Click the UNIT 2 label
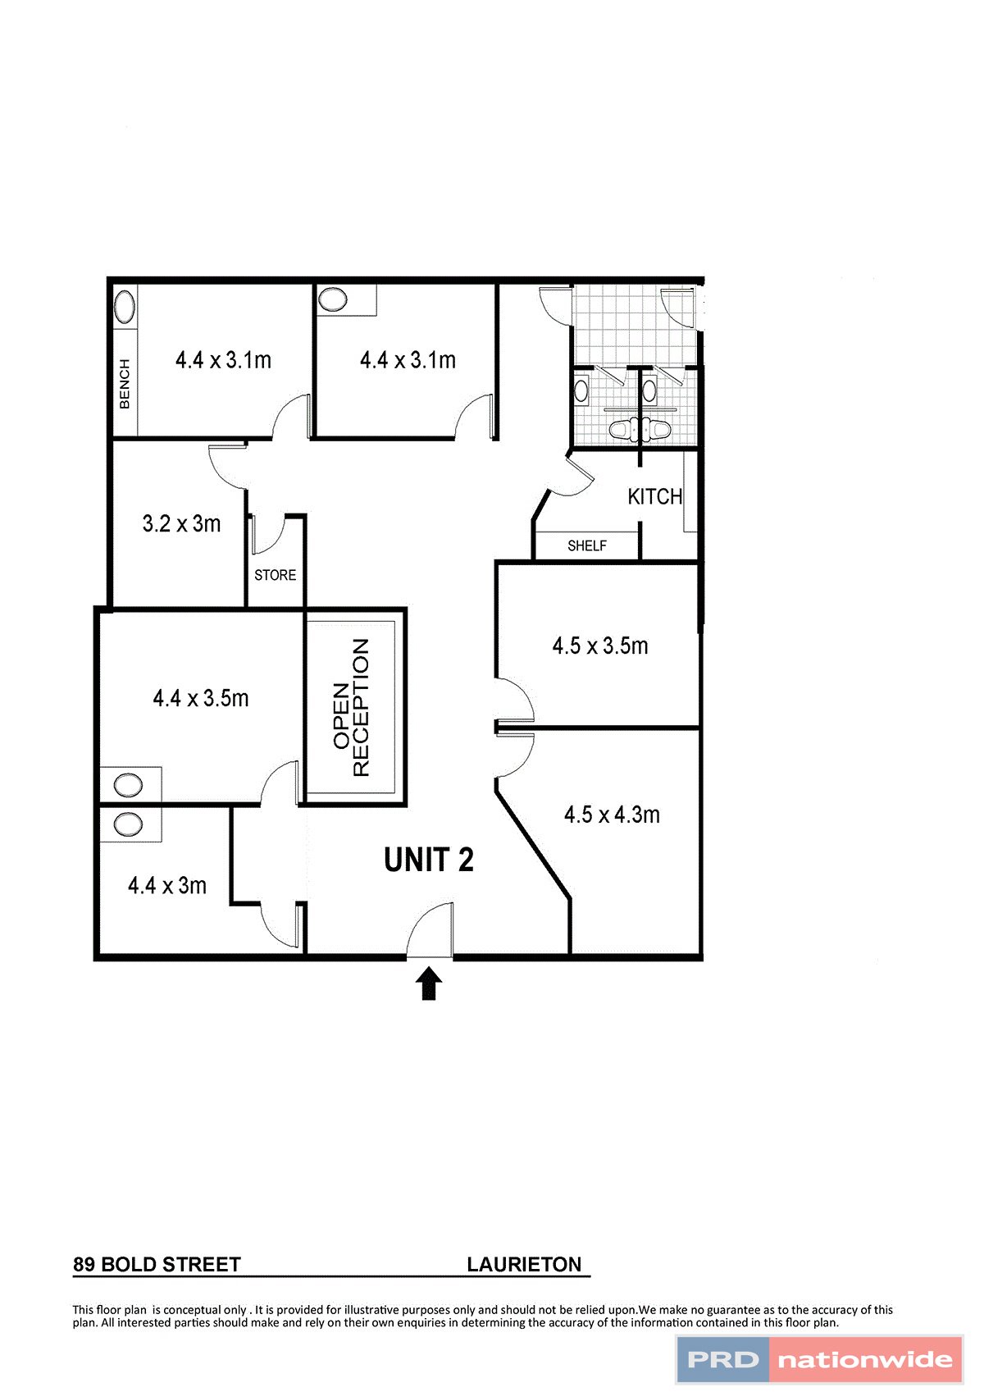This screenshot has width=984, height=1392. click(429, 860)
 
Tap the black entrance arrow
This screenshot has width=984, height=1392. click(429, 984)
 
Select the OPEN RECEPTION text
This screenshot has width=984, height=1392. click(351, 706)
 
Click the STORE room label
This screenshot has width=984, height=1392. click(275, 575)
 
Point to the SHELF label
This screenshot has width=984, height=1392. click(587, 545)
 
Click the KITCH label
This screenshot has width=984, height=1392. click(654, 496)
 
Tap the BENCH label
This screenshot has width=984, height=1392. click(125, 383)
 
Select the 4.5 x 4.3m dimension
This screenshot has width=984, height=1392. click(612, 815)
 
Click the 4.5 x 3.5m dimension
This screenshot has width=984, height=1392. click(600, 646)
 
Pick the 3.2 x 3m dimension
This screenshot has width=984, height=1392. click(181, 523)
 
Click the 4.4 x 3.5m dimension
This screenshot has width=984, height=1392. click(201, 698)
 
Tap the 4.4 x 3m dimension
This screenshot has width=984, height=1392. click(167, 885)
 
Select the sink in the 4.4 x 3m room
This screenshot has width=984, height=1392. click(128, 824)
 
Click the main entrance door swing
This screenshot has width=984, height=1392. click(430, 931)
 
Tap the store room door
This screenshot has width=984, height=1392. click(269, 535)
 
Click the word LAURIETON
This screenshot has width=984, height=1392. click(524, 1264)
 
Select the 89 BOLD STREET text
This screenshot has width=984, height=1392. click(157, 1264)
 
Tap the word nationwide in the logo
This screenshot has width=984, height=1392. click(865, 1360)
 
